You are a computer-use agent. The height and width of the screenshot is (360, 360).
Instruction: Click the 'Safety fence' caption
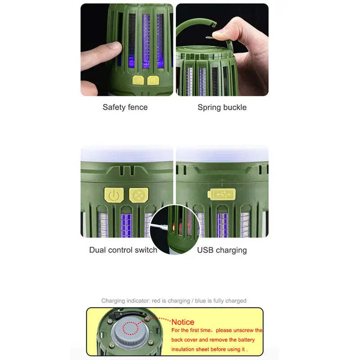pos(125,107)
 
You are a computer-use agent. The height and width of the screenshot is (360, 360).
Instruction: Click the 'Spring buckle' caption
pos(222,107)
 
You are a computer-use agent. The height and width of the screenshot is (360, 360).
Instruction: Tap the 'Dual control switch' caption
pos(123,250)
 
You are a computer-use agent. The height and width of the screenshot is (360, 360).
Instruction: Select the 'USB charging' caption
pos(222,250)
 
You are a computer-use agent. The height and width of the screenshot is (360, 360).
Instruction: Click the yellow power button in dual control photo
pos(114,195)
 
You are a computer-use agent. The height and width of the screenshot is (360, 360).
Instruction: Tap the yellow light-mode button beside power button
pos(138,195)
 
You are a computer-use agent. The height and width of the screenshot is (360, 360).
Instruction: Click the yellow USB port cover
pos(221,194)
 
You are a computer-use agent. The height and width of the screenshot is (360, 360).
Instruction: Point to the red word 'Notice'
pos(183,322)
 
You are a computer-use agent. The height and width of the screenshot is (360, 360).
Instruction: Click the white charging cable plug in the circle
pos(158,227)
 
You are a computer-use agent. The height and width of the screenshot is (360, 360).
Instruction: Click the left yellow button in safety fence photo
pos(138,81)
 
